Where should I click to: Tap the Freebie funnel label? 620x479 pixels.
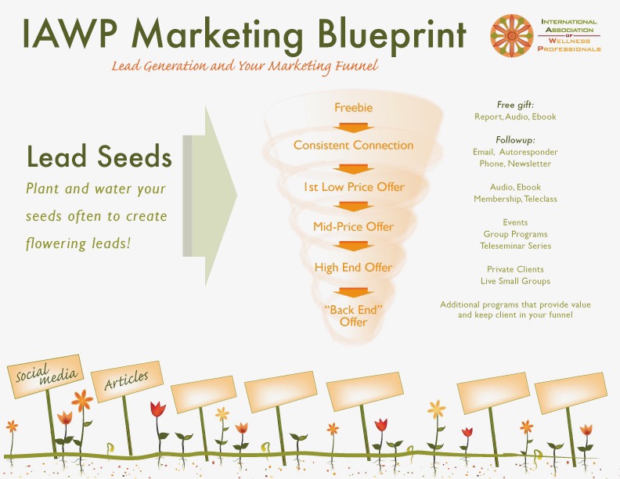point(353,107)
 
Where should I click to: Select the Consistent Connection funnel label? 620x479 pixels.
point(353,145)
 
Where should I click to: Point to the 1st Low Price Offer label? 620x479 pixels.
point(353,188)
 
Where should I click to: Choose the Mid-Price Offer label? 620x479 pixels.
point(353,227)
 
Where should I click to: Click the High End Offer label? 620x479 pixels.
point(353,268)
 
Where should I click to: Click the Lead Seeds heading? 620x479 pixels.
point(99,157)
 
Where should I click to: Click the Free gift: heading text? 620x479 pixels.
point(515,105)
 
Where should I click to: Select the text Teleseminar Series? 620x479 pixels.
point(515,246)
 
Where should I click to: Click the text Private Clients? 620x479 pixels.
point(515,269)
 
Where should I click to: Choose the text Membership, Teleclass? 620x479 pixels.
point(515,199)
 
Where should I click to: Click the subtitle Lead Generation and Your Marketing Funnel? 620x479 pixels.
point(245,66)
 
